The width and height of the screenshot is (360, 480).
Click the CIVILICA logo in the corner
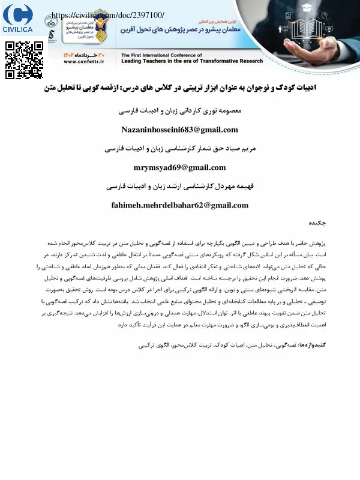18,19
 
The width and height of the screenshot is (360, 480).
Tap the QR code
25,60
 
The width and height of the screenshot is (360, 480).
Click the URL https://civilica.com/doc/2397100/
108,14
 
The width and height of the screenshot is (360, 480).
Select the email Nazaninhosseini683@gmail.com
179,130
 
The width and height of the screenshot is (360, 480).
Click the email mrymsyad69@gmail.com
179,167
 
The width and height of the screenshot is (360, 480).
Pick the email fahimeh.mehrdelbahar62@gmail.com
179,205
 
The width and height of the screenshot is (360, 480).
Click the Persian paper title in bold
180,88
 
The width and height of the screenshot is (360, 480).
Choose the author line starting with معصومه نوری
179,112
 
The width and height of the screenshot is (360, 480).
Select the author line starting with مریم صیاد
179,149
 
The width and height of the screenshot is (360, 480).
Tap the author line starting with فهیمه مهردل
179,187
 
